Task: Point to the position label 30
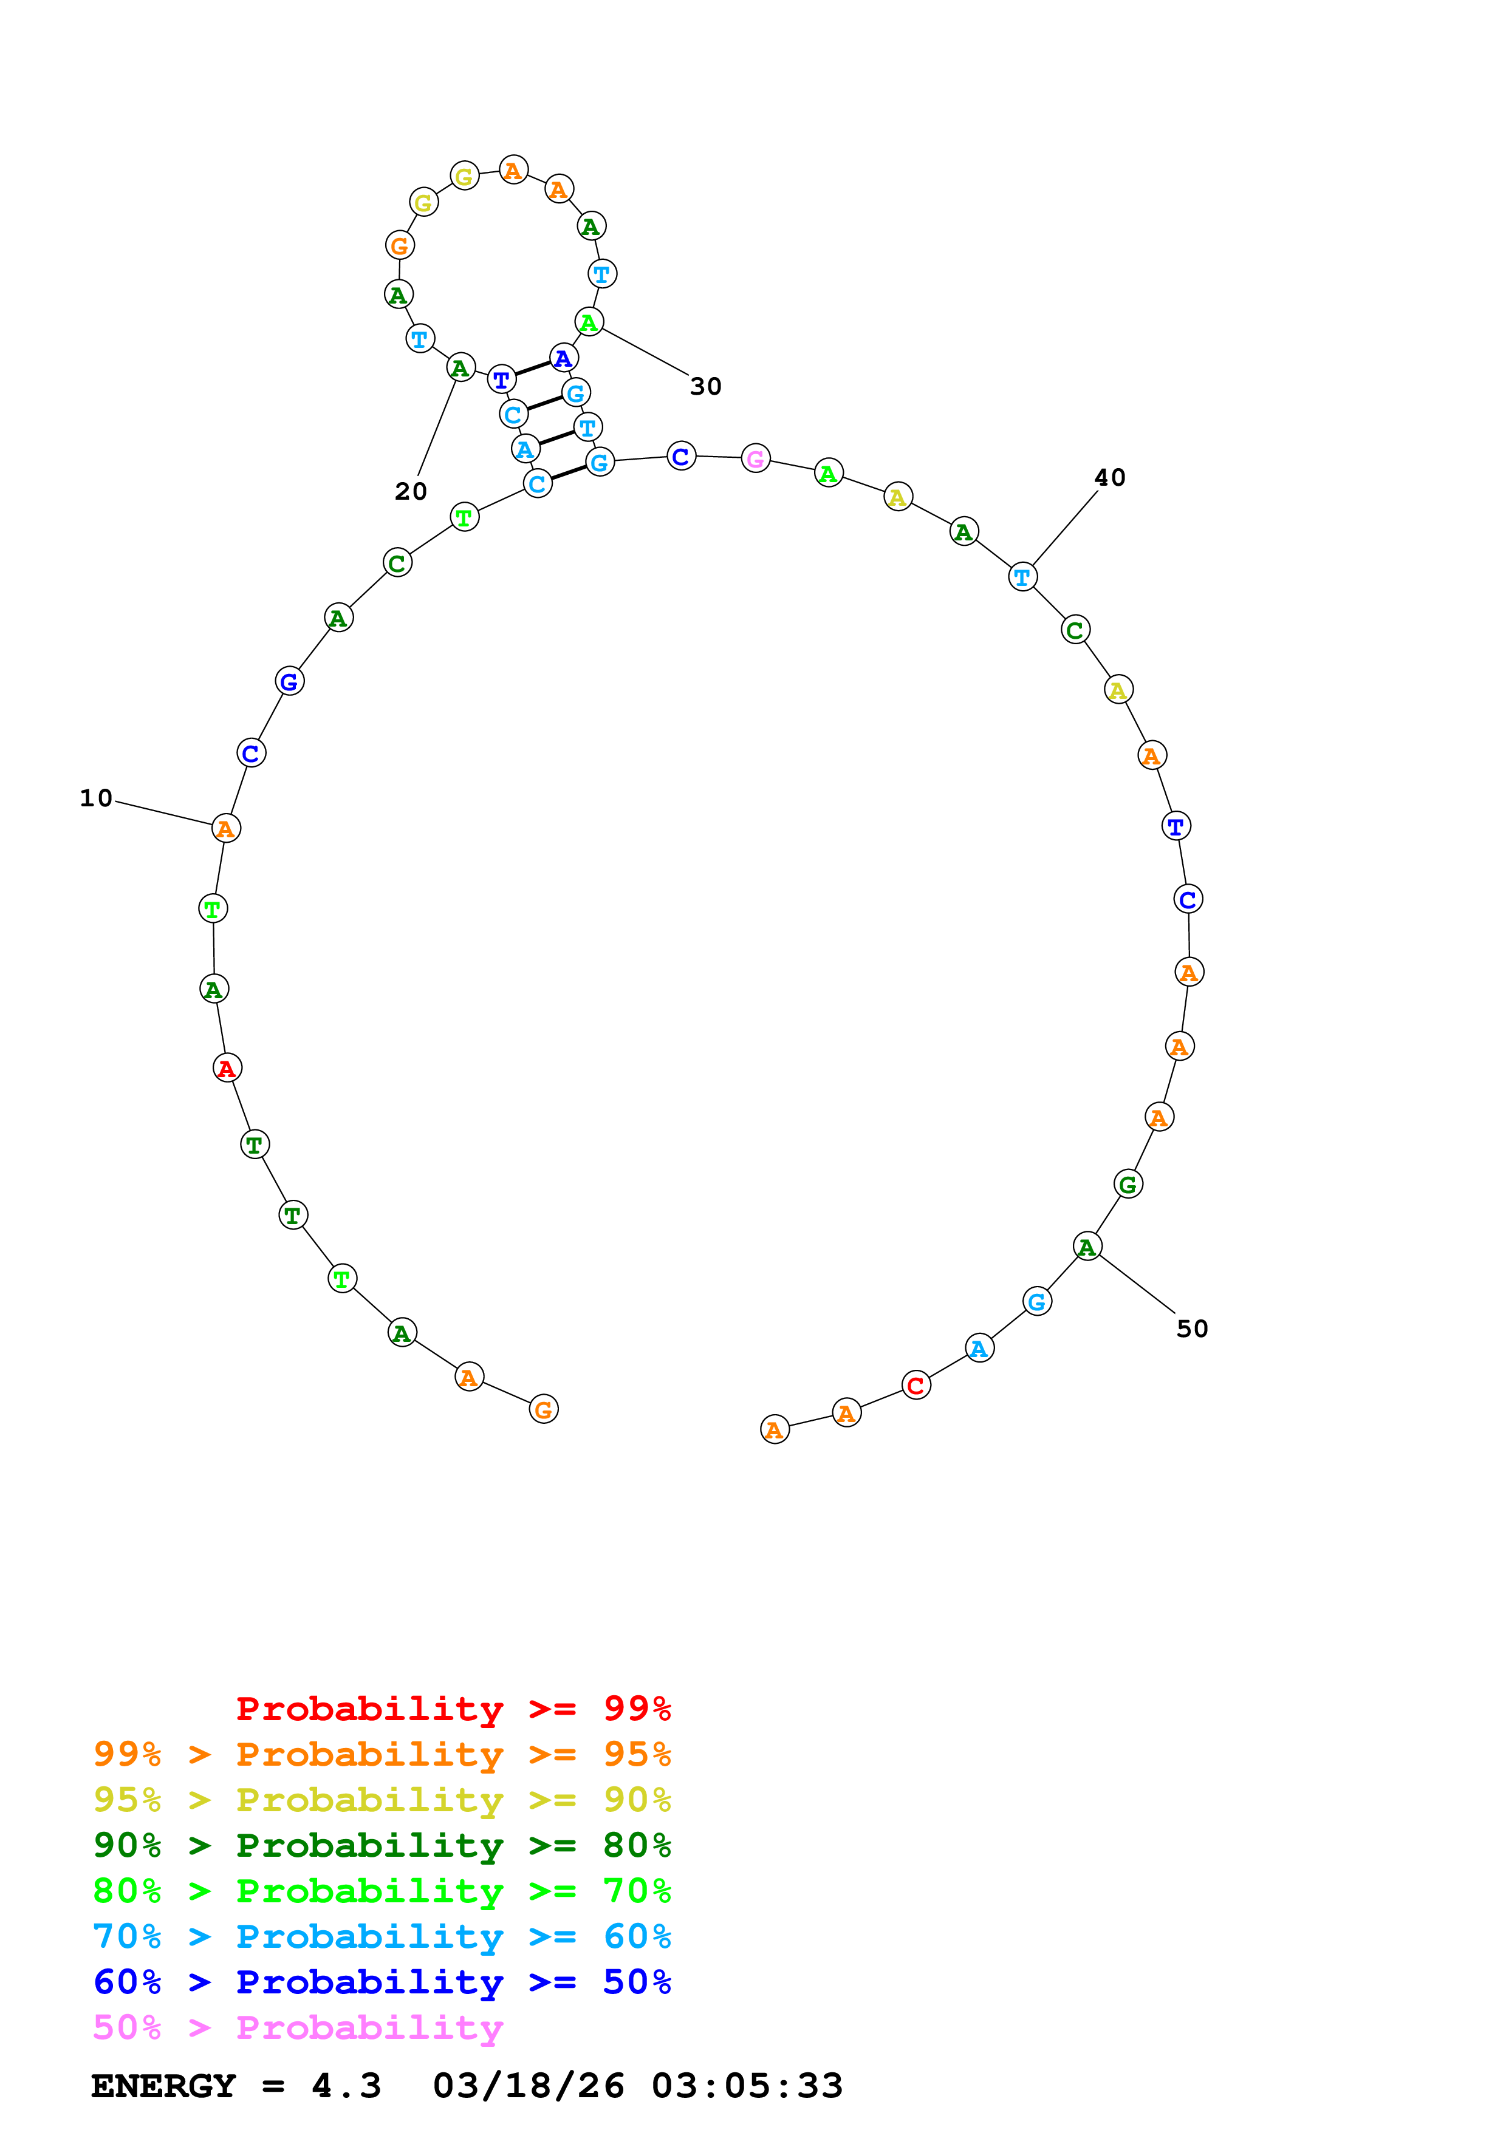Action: [705, 386]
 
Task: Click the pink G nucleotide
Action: [755, 458]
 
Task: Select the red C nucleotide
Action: [916, 1385]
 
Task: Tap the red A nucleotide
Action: [227, 1068]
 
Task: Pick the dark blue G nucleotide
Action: [290, 681]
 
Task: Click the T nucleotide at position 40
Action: [1022, 577]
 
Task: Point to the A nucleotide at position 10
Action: [225, 828]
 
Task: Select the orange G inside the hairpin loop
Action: [399, 246]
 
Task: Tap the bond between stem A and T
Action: [556, 438]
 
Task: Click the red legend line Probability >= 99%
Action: [453, 1708]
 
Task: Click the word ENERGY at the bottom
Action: [163, 2086]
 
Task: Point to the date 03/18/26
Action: [528, 2086]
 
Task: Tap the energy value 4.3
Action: [346, 2086]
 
